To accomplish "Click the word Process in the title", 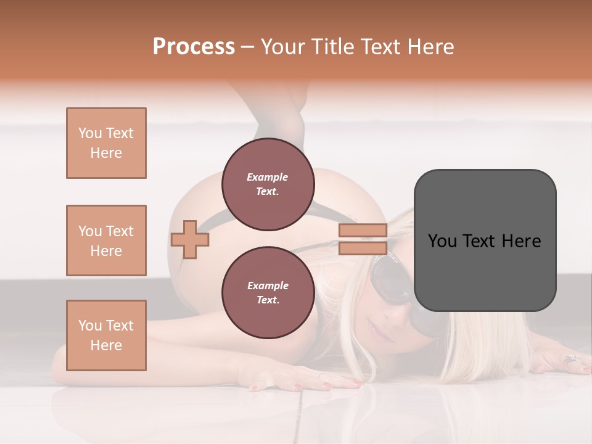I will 194,46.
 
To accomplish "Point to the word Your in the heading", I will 286,46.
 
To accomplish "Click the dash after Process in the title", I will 247,47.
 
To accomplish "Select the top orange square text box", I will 106,143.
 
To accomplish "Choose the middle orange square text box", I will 106,240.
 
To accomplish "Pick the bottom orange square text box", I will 106,335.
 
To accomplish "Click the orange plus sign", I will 190,239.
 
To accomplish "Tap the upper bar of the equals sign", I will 363,231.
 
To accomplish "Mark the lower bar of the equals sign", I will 363,249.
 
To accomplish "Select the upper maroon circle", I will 268,184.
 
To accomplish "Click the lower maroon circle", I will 268,293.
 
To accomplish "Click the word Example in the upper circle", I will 268,177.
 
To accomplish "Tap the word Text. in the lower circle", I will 268,300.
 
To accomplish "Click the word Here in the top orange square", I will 106,153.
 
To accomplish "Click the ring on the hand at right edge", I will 571,358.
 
